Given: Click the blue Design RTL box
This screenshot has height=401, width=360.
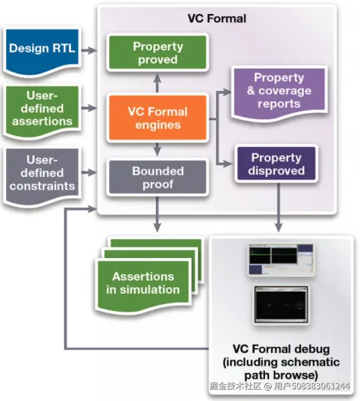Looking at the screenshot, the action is (x=42, y=51).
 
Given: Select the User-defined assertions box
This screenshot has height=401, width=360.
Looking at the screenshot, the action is (x=42, y=110).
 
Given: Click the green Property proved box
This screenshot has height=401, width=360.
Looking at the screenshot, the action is (x=157, y=52).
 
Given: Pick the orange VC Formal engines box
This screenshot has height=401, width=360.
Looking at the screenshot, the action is (x=157, y=118).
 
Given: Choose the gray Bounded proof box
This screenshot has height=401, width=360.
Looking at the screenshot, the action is (x=157, y=177).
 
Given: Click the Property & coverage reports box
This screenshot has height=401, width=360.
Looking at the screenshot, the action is (x=279, y=92).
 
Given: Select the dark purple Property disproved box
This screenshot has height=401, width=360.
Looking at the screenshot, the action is (x=276, y=164).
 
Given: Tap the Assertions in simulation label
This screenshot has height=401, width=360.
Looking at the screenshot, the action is (x=143, y=283).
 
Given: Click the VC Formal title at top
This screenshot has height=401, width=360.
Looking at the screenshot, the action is (x=217, y=19).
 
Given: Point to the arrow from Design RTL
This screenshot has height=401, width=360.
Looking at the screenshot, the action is (x=89, y=50).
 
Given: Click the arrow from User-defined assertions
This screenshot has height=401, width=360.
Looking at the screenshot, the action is (x=89, y=108).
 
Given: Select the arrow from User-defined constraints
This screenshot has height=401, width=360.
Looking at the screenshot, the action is (x=89, y=172).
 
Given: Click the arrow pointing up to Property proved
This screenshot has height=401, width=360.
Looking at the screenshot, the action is (x=157, y=83).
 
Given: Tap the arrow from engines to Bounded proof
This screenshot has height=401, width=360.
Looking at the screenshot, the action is (x=157, y=149).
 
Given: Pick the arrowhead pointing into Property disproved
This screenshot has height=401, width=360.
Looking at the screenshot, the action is (x=228, y=164).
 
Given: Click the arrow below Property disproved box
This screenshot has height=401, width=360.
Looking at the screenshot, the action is (x=278, y=208).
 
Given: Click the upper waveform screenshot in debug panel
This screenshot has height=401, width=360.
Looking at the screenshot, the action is (x=281, y=259).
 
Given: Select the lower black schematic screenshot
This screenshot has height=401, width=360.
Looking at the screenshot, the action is (x=281, y=305).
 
